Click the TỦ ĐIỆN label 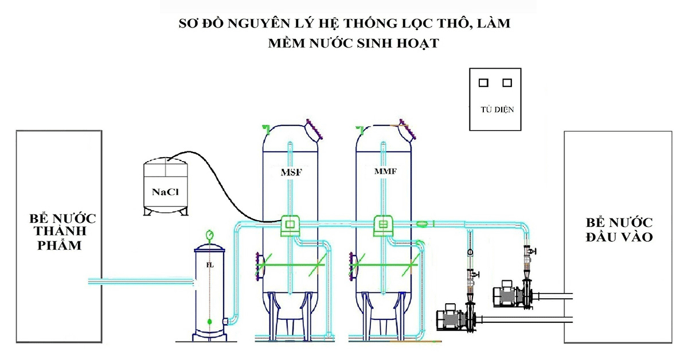pos(497,109)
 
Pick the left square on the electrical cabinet pos(483,83)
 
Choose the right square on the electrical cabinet pos(507,83)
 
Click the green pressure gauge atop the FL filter pos(209,234)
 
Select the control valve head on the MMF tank pos(382,225)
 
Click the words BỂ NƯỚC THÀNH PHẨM pos(59,232)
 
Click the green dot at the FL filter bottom pos(210,320)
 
